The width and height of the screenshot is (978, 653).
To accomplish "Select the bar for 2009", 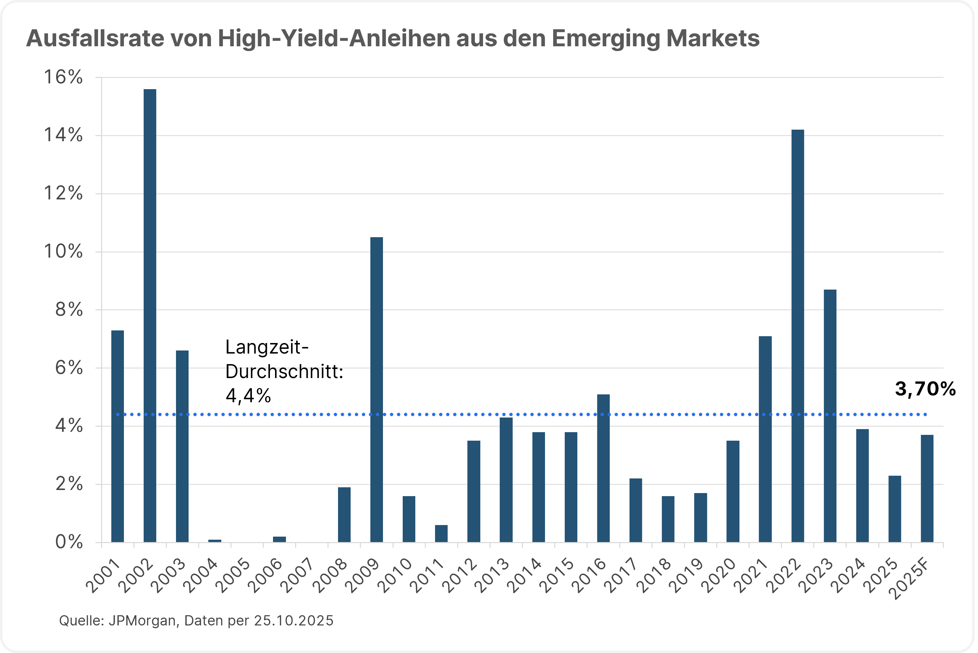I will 376,389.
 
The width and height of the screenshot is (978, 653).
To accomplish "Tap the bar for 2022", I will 798,336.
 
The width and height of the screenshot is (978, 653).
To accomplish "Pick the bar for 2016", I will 603,468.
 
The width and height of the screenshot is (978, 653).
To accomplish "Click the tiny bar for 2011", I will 441,534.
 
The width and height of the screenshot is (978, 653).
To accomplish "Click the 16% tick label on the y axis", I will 63,78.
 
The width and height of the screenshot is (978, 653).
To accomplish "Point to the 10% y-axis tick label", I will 63,251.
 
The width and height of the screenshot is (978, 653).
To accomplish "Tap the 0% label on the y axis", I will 69,542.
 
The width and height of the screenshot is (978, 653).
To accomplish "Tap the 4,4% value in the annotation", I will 248,396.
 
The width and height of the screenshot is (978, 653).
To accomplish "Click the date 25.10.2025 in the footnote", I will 294,621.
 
